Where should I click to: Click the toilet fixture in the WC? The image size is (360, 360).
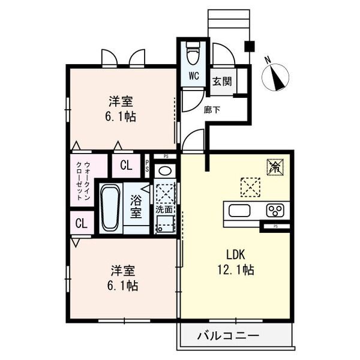[x=194, y=53]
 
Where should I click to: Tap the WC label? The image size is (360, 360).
[x=194, y=76]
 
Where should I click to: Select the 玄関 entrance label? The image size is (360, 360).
[x=222, y=81]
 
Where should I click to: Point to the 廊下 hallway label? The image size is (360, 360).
[x=212, y=110]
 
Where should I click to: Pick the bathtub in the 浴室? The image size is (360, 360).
[x=110, y=208]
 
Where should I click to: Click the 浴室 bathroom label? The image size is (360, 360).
[x=136, y=206]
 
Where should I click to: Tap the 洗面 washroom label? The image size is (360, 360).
[x=164, y=209]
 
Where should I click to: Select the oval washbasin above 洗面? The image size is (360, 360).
[x=165, y=171]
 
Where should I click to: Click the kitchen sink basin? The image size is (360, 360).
[x=239, y=210]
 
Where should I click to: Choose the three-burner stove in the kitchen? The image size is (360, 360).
[x=275, y=210]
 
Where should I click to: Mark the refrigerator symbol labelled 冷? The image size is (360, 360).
[x=275, y=167]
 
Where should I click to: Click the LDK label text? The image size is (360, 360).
[x=236, y=254]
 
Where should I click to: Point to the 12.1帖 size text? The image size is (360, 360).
[x=236, y=269]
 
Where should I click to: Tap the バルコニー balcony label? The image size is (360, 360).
[x=228, y=336]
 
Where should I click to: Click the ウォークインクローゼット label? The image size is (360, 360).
[x=83, y=181]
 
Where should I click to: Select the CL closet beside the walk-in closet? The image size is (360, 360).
[x=126, y=165]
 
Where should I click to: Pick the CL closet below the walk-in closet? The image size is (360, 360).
[x=82, y=223]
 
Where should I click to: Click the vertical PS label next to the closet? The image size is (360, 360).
[x=147, y=166]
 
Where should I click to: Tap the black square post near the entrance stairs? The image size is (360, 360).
[x=250, y=46]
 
